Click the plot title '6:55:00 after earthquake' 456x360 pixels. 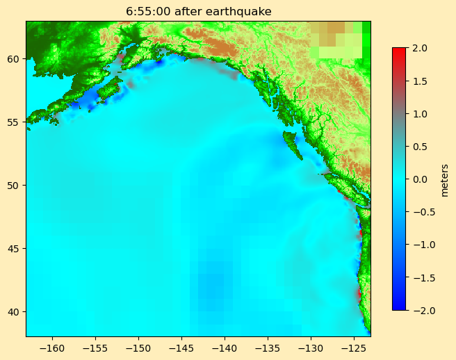click(198, 11)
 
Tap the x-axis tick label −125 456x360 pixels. click(354, 347)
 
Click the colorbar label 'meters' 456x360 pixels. click(445, 180)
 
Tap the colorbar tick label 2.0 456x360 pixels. click(420, 48)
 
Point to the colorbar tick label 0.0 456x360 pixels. click(420, 179)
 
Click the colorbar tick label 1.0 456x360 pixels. click(420, 113)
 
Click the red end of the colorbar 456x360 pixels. click(398, 51)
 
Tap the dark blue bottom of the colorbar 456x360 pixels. click(398, 306)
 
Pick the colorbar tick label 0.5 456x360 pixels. click(420, 146)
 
